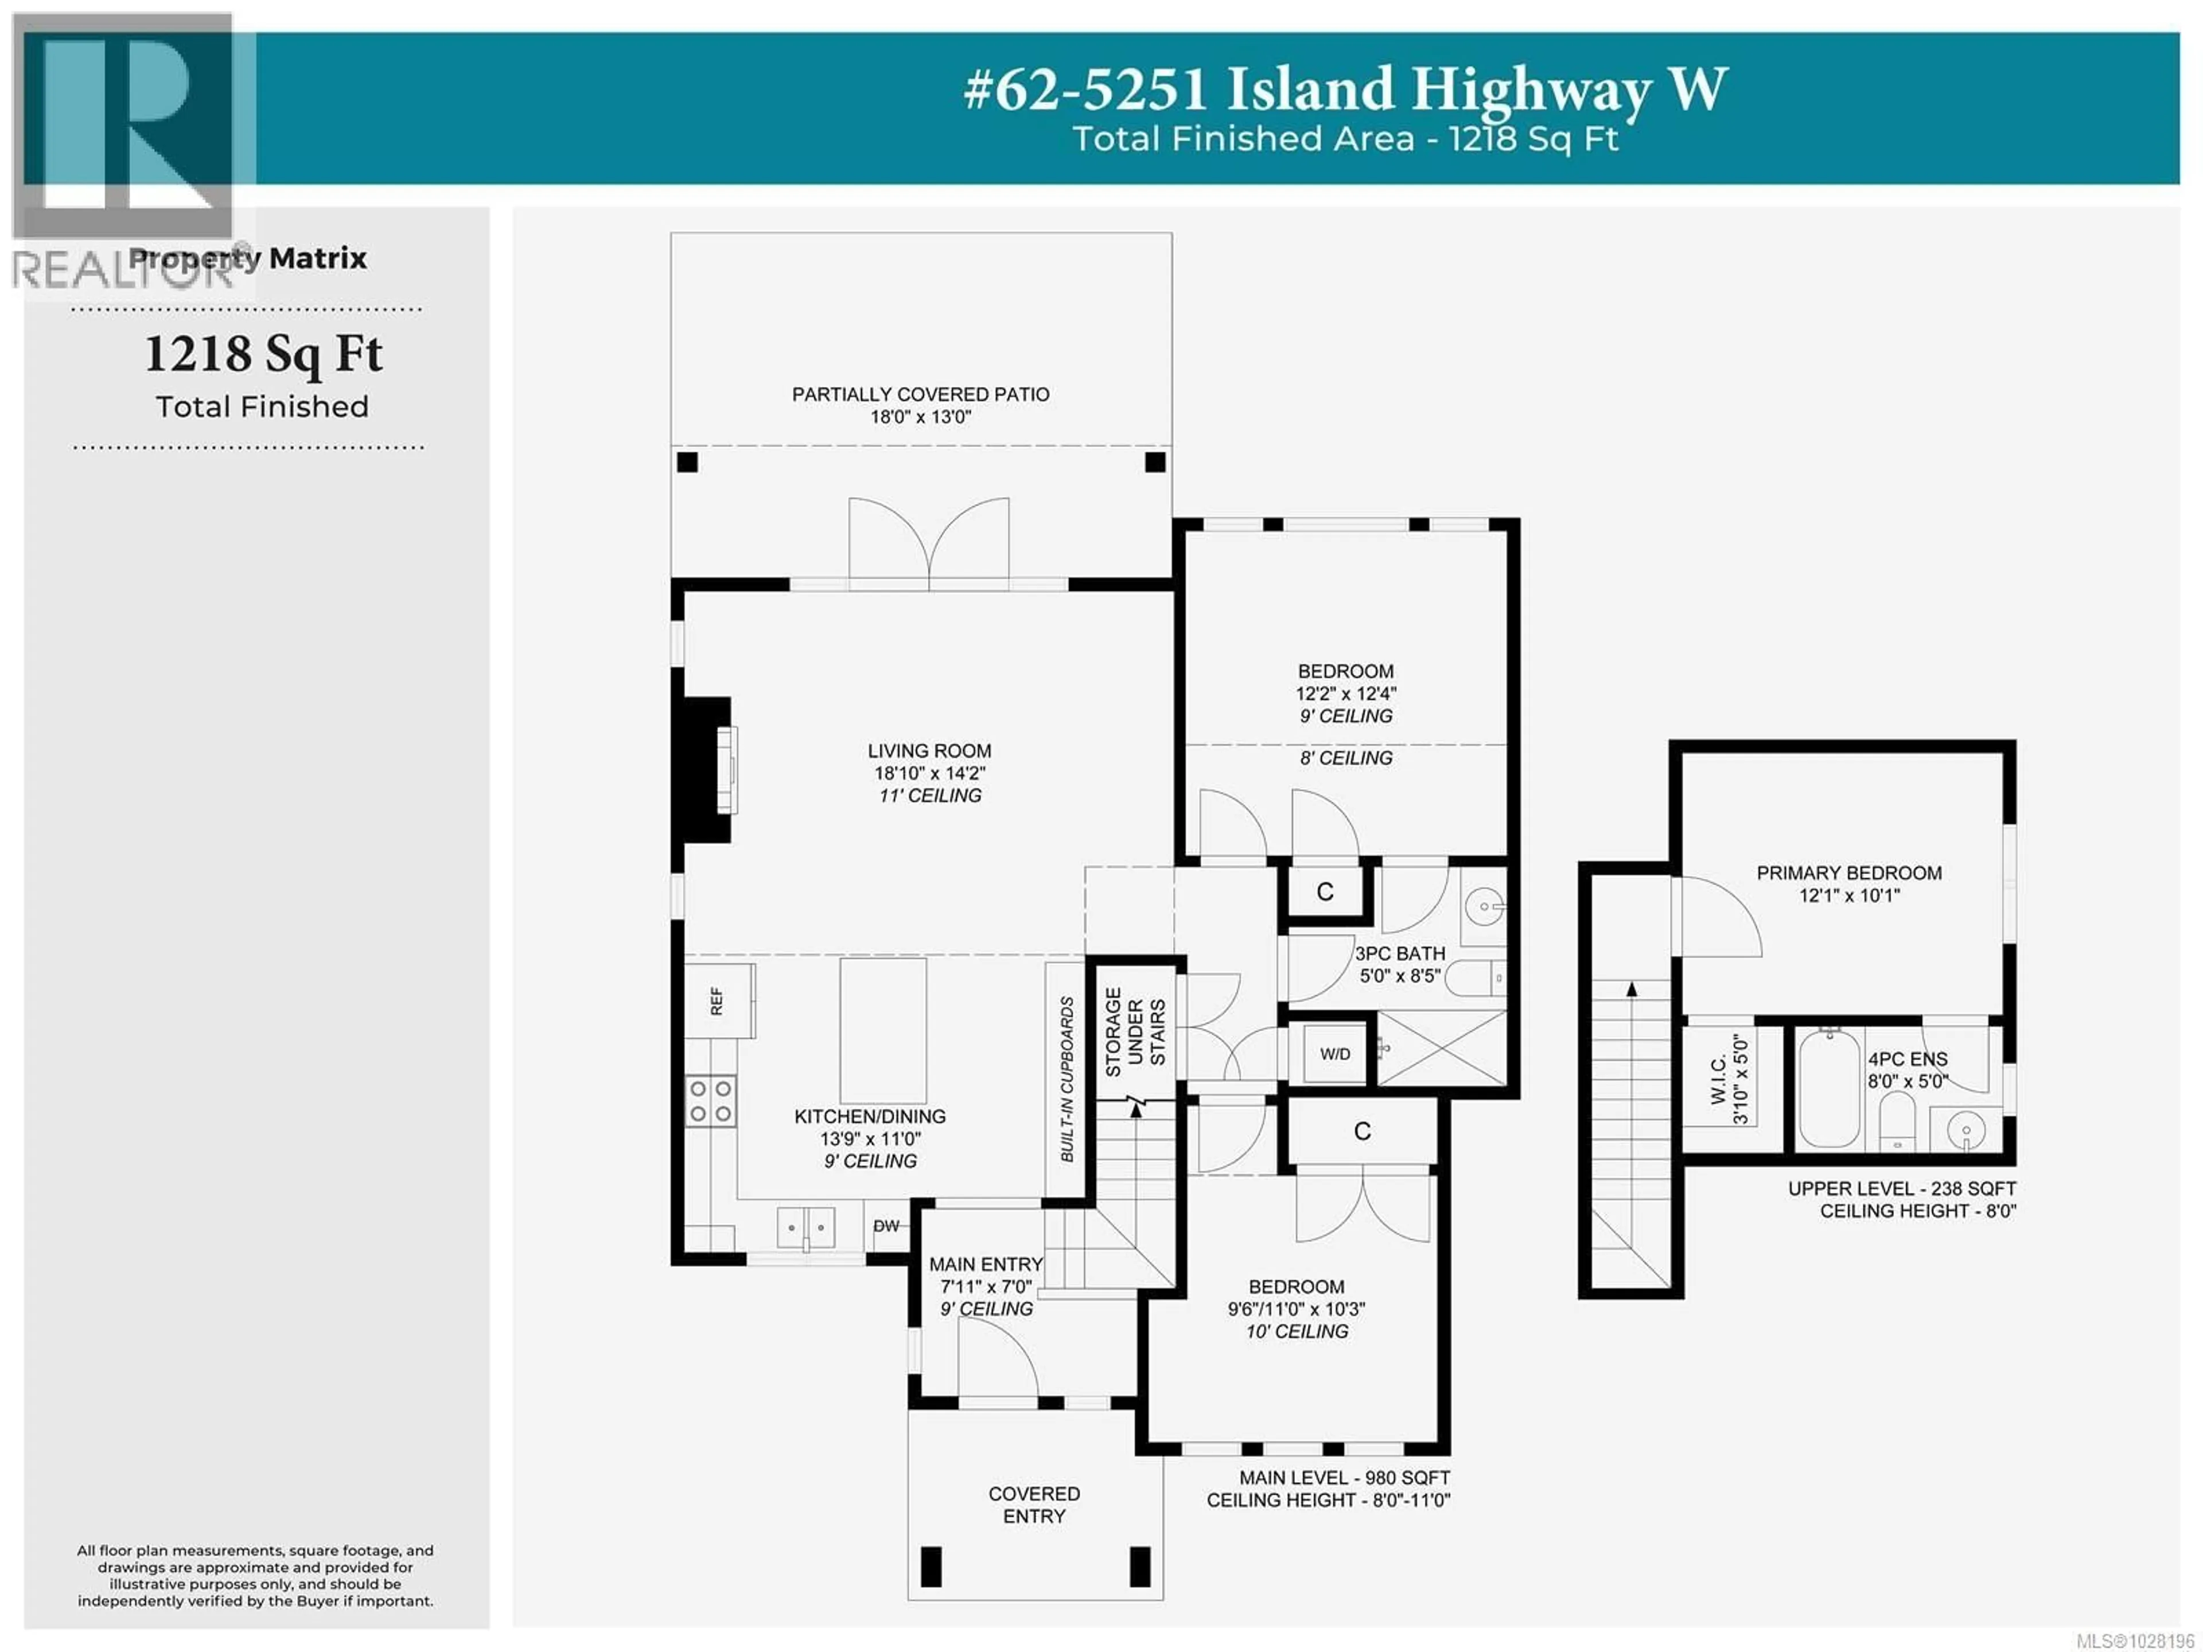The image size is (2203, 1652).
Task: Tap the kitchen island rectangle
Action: click(x=882, y=1029)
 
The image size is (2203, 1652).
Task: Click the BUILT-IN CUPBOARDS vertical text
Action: click(x=1067, y=1079)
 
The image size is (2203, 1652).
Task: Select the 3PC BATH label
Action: click(x=1399, y=953)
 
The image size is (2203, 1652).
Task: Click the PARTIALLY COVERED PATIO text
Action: click(x=920, y=394)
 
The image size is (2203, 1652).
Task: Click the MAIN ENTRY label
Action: click(x=985, y=1265)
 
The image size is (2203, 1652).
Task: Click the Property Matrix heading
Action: click(x=248, y=258)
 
